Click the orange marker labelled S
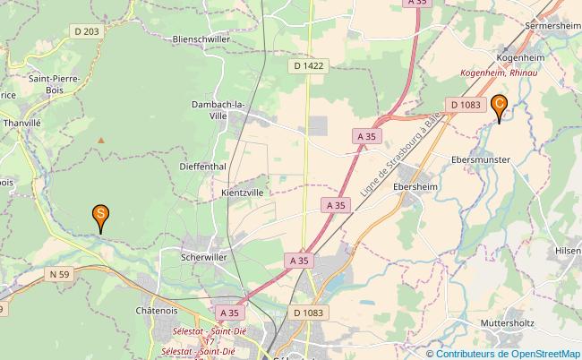(x=101, y=216)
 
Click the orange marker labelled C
(x=500, y=106)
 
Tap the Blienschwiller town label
(x=208, y=39)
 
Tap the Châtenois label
(x=158, y=311)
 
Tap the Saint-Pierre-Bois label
(x=55, y=84)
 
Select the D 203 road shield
(x=86, y=30)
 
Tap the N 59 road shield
(x=60, y=274)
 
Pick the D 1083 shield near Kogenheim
(x=466, y=105)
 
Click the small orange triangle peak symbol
(x=100, y=140)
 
